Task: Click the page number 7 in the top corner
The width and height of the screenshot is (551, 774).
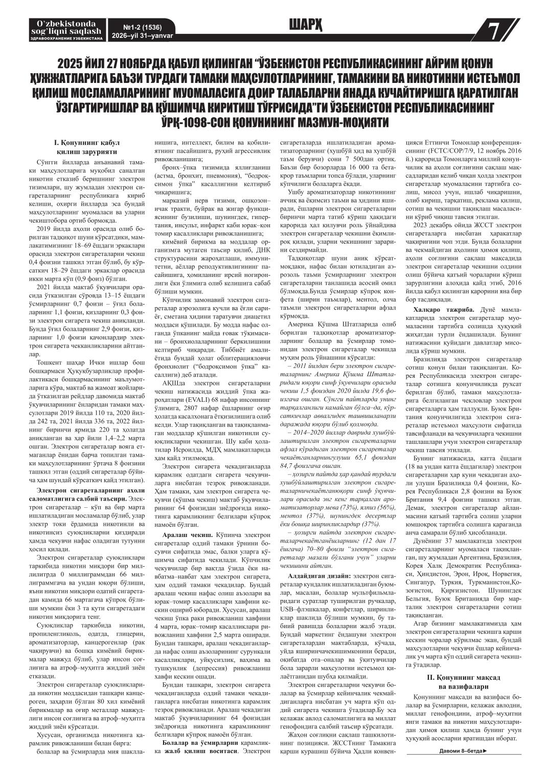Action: [494, 32]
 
